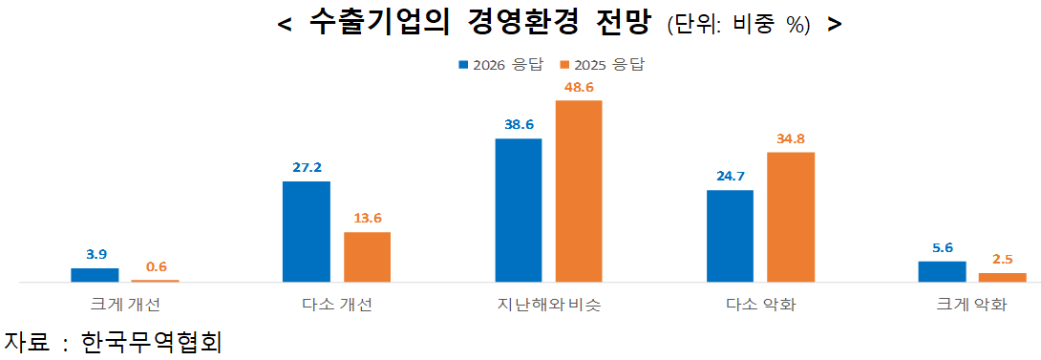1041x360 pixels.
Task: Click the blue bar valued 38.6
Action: point(518,210)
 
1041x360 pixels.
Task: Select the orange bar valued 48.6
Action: point(579,191)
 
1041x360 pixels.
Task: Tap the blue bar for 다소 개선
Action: point(307,231)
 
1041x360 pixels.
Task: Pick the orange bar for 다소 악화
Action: point(791,217)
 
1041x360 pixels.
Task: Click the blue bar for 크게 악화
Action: point(942,271)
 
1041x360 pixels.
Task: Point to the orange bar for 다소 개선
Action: point(367,257)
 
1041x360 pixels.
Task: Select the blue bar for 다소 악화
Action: point(730,236)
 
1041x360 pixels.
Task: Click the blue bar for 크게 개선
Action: point(95,275)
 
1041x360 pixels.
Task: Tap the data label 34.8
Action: point(791,138)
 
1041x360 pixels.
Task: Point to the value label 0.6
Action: point(156,266)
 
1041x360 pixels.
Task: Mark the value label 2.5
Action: point(1003,259)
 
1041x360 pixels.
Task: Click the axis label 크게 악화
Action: point(972,306)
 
